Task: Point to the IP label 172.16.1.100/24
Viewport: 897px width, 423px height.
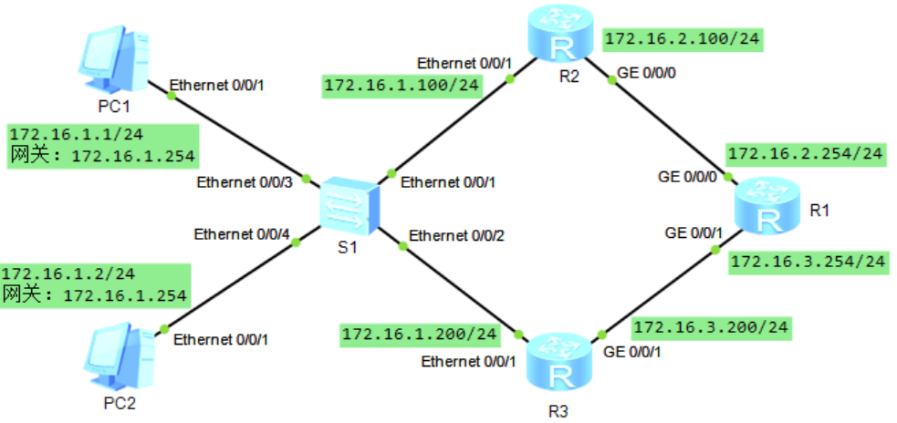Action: [402, 86]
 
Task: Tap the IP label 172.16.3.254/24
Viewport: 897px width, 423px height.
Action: [808, 262]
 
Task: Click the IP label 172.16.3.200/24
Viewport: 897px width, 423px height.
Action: [711, 326]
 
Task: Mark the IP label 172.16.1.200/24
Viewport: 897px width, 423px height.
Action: [420, 335]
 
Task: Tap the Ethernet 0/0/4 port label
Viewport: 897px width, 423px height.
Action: [242, 234]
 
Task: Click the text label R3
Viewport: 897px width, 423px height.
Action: [558, 409]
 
